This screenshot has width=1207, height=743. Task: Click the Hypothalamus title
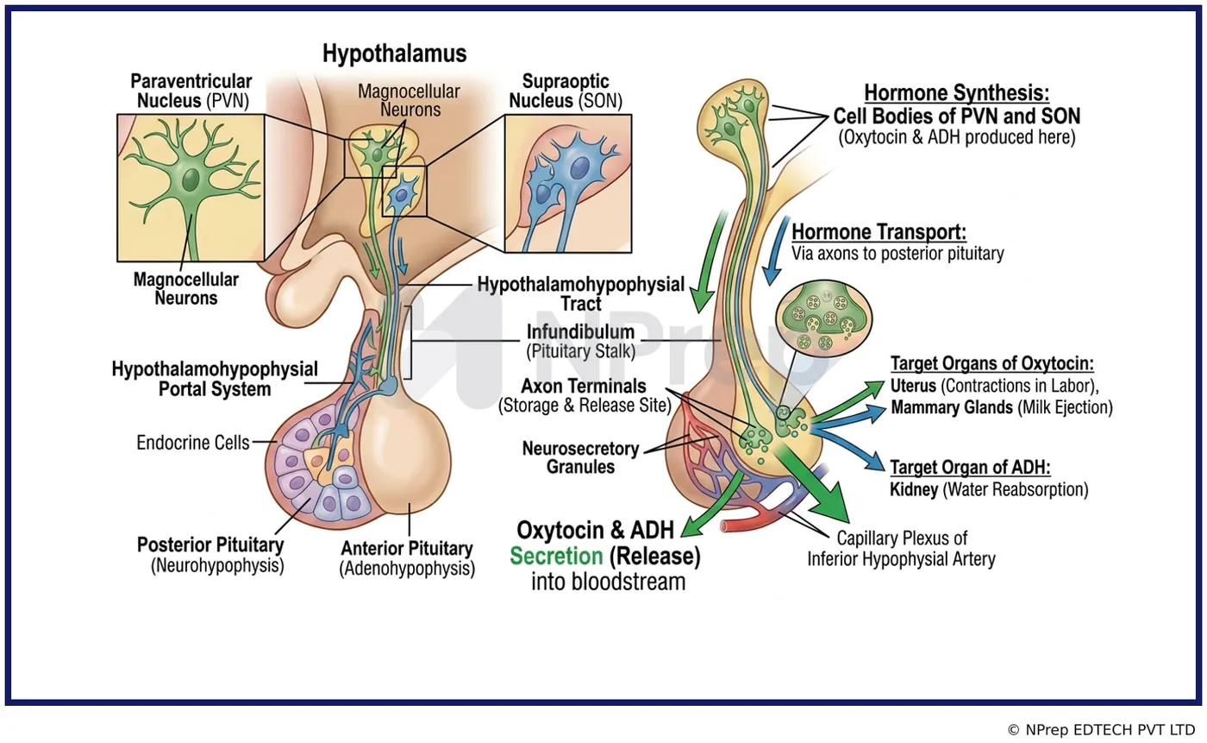tap(395, 54)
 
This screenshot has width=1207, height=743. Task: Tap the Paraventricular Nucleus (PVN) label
tap(191, 91)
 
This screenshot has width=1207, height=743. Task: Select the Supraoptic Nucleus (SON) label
tap(566, 91)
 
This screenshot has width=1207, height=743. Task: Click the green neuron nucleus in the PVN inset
tap(191, 179)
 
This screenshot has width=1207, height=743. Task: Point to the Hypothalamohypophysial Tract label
tap(581, 294)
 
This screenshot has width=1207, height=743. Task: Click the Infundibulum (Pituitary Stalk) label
tap(580, 342)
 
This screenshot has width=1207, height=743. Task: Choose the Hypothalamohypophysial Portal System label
tap(215, 379)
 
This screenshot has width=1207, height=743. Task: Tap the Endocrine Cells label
tap(193, 443)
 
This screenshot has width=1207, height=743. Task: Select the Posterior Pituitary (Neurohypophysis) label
tap(210, 555)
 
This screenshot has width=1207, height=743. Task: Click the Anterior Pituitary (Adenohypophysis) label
tap(407, 558)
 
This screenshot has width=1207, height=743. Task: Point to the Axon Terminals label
tap(585, 396)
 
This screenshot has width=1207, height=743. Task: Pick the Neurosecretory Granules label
tap(580, 457)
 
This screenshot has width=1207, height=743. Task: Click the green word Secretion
tap(556, 557)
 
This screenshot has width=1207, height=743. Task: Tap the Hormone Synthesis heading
tap(956, 92)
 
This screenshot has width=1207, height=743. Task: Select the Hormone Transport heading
tap(879, 232)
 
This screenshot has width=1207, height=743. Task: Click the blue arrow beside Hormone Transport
tap(776, 251)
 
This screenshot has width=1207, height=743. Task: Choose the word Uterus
tap(913, 386)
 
